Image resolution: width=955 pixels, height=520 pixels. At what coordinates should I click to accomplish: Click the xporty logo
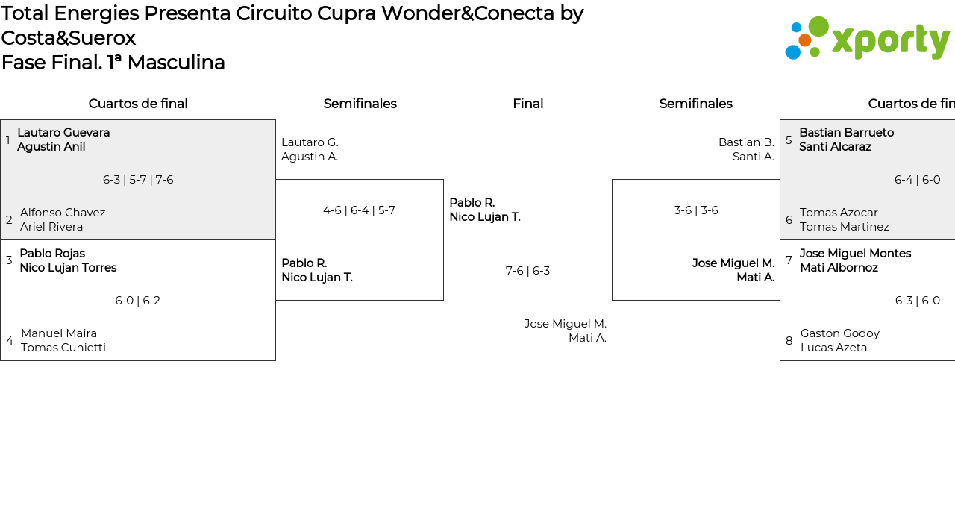pos(867,39)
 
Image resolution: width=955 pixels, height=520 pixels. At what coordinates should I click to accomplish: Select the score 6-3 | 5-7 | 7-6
pos(138,180)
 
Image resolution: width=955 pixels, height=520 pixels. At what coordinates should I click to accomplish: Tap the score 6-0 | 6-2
pos(138,301)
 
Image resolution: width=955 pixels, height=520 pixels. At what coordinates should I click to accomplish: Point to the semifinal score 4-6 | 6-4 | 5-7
pos(359,210)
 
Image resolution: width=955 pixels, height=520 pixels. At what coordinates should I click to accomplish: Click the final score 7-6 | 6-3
pos(527,271)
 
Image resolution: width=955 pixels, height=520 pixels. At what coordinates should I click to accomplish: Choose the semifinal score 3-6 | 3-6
pos(696,210)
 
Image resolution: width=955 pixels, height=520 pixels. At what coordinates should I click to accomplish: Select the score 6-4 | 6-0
pos(917,180)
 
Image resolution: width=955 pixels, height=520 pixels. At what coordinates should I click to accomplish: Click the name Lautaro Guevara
pos(63,133)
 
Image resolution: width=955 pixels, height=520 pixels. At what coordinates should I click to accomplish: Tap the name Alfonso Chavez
pos(63,213)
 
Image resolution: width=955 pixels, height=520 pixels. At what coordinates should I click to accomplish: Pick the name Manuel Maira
pos(59,333)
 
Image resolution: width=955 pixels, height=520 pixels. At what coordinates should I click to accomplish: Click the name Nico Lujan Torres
pos(68,268)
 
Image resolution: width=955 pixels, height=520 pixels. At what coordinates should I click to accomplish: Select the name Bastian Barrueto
pos(846,133)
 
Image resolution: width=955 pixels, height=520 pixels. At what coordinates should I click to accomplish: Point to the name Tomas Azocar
pos(839,213)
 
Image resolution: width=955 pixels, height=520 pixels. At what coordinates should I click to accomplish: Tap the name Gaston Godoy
pos(840,333)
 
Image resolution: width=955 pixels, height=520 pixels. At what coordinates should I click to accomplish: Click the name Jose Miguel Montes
pos(855,254)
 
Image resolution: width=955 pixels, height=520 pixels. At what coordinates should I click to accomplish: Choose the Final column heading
pos(527,104)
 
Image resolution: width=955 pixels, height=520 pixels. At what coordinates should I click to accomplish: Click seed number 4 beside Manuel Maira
pos(10,341)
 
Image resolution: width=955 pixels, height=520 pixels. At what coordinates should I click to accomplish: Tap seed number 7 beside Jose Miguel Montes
pos(789,260)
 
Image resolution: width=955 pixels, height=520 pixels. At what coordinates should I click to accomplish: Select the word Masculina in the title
pos(176,63)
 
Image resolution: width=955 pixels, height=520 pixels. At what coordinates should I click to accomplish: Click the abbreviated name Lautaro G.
pos(310,142)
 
